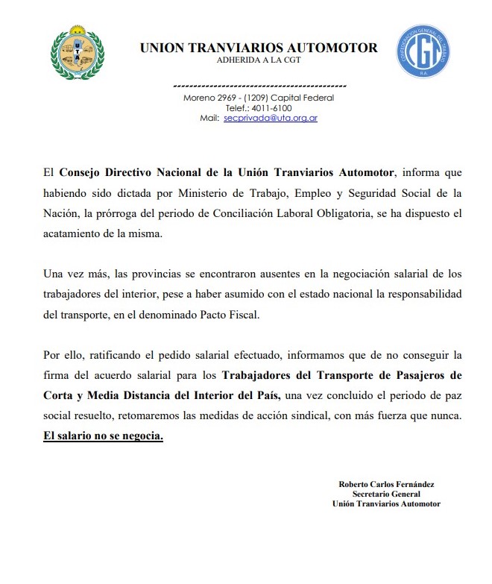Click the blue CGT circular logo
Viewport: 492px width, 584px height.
tap(422, 51)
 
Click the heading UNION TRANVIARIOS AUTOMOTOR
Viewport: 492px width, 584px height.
tap(259, 48)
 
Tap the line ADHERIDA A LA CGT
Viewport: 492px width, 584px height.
tap(259, 60)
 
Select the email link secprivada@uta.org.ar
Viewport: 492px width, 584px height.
tap(270, 118)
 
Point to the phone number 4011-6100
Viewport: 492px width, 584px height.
tap(274, 107)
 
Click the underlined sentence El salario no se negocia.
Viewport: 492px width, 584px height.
tap(103, 436)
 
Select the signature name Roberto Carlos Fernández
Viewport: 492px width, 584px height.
tap(386, 484)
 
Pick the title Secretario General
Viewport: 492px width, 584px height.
tap(386, 494)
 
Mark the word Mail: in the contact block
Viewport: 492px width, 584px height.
tap(209, 118)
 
